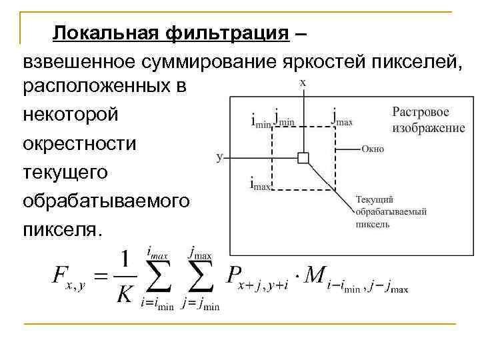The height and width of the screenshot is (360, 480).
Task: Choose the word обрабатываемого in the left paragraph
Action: point(106,201)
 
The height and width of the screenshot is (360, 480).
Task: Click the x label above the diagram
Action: point(303,83)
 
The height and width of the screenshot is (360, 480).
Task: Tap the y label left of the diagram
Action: point(219,158)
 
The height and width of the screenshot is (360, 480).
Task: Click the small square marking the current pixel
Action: point(303,158)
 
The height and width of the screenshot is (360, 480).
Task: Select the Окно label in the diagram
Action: point(373,149)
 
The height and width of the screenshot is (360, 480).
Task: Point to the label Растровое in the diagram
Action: point(420,113)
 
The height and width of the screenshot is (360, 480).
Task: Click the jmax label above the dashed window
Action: point(342,117)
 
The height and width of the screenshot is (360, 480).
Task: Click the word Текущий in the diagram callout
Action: point(375,199)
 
